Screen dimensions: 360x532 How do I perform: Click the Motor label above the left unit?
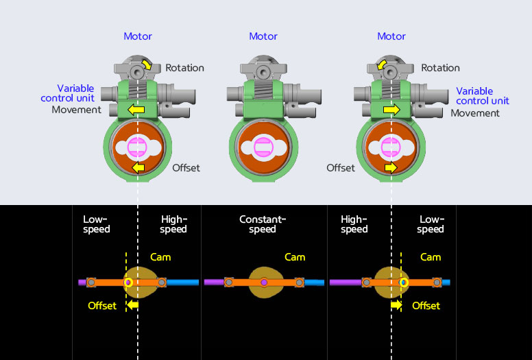click(x=138, y=36)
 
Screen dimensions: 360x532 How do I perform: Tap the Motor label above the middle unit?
click(x=263, y=36)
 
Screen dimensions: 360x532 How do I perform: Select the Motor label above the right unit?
click(x=391, y=36)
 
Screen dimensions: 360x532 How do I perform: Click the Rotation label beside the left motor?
click(x=184, y=68)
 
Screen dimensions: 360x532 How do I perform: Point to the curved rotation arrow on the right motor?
click(x=381, y=66)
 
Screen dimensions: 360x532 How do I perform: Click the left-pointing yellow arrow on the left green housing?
click(x=137, y=110)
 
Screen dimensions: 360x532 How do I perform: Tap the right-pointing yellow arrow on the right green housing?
click(x=391, y=110)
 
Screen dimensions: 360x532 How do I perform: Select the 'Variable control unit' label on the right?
click(x=483, y=96)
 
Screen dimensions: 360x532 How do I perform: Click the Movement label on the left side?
click(x=77, y=110)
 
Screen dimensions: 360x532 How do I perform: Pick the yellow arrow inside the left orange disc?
click(x=138, y=167)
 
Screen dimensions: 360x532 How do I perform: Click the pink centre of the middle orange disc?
click(x=263, y=147)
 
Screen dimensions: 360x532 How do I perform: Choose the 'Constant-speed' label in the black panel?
click(x=263, y=224)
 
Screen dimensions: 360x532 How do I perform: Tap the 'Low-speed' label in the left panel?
click(x=97, y=224)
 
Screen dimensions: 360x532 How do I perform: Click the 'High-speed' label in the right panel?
click(x=354, y=224)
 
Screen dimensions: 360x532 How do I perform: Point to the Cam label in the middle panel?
click(x=295, y=257)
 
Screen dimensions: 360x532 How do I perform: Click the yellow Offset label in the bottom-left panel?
click(x=102, y=305)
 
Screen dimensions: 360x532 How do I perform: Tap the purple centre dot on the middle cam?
click(x=264, y=282)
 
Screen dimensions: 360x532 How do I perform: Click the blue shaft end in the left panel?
click(x=182, y=282)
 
